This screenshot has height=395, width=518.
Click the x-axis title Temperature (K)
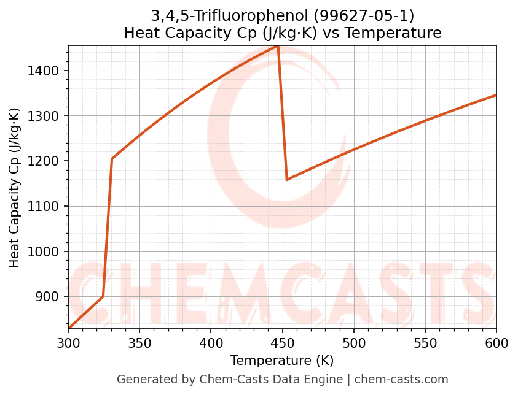(282, 361)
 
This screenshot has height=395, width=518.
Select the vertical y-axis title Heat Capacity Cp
(15, 188)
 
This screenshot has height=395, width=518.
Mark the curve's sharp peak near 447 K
(278, 46)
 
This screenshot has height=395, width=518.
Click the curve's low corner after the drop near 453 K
(287, 180)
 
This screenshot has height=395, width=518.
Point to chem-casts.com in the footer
(401, 380)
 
